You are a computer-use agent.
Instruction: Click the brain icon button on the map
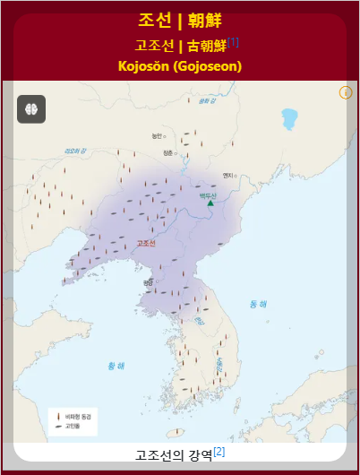[31, 108]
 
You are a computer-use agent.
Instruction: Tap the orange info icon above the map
[346, 92]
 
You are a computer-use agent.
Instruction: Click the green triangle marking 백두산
[210, 203]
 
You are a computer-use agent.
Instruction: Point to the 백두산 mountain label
[208, 194]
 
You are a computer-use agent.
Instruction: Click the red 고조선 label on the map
[146, 243]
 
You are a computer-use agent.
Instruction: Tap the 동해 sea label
[258, 305]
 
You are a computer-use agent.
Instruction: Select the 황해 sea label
[116, 365]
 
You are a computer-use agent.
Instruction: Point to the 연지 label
[228, 175]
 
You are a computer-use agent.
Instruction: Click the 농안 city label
[158, 136]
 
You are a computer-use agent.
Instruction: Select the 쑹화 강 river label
[207, 100]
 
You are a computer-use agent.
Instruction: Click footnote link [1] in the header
[232, 42]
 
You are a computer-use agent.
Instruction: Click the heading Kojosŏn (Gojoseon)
[180, 66]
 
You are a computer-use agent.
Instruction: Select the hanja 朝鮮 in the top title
[205, 21]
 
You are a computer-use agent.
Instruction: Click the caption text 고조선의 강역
[174, 454]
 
